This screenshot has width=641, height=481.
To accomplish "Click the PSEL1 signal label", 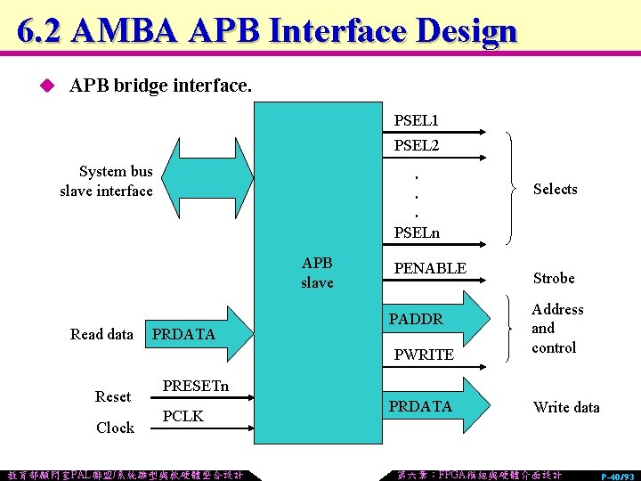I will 416,119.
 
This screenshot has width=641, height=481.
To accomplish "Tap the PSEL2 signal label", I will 416,144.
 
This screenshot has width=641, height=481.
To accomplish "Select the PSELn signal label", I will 417,233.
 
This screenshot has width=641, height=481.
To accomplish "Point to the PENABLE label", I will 430,268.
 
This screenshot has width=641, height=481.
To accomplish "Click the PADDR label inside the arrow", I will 416,318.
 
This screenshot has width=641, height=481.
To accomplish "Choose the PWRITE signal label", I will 423,355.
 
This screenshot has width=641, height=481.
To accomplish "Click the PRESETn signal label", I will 195,386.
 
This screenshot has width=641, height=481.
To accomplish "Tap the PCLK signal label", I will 183,416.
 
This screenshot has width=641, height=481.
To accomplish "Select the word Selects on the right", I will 555,189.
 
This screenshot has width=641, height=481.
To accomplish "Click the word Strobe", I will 554,278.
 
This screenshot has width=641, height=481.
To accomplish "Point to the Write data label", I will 566,407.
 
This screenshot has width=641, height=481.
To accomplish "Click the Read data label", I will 101,334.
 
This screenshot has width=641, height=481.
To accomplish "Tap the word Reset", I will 113,396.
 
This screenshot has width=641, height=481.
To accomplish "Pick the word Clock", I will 115,428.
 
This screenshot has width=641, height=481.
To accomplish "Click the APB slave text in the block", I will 317,273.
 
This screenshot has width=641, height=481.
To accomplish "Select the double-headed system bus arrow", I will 204,180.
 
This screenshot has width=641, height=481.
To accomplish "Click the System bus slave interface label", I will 107,181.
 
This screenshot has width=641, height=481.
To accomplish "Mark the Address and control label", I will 556,328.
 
